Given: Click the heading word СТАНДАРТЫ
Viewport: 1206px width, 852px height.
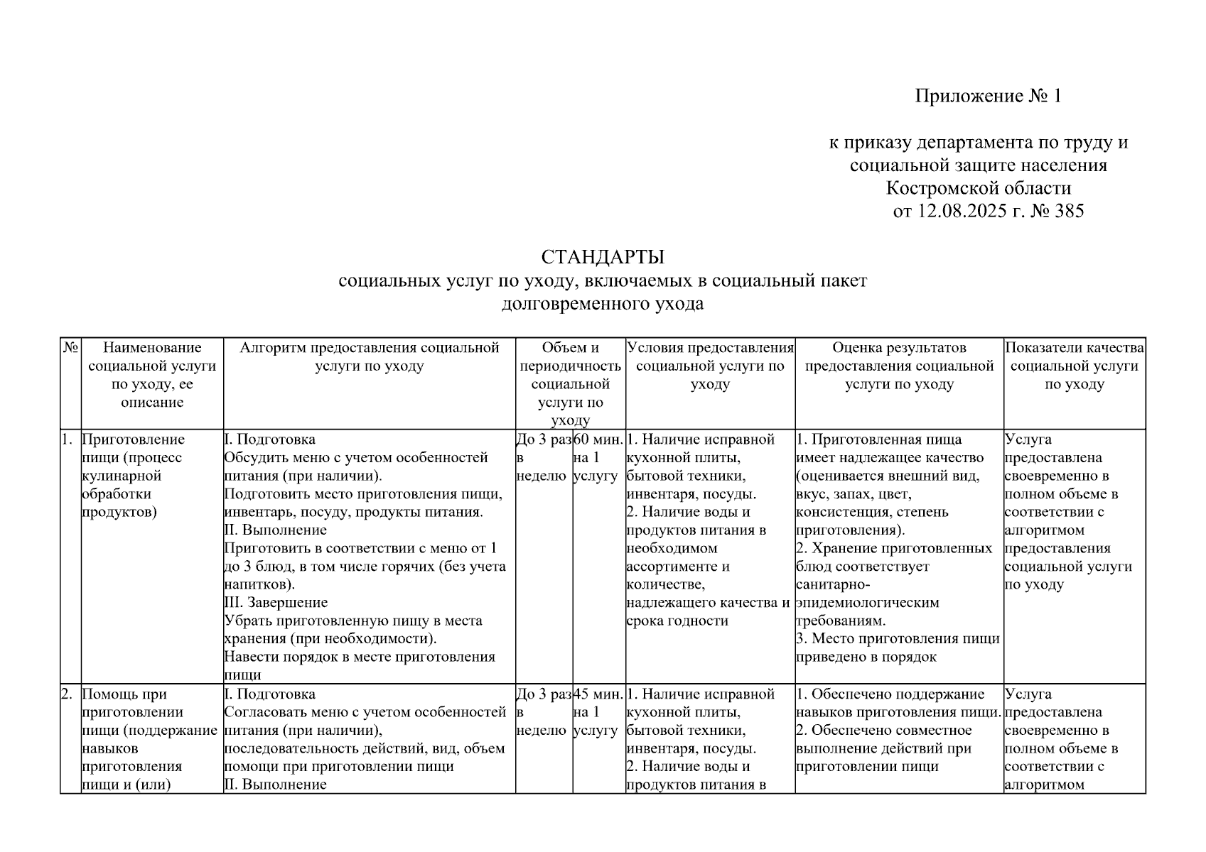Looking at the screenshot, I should pyautogui.click(x=603, y=256).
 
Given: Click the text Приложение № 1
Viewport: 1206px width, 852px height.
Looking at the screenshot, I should pyautogui.click(x=988, y=96).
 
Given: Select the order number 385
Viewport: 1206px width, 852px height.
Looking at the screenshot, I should pyautogui.click(x=1068, y=211).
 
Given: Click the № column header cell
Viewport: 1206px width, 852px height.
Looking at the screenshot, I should pyautogui.click(x=70, y=348).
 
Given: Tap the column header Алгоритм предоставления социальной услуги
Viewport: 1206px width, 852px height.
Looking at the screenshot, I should pyautogui.click(x=370, y=356).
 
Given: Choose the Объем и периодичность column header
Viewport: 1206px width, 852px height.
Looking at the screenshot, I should pyautogui.click(x=570, y=383).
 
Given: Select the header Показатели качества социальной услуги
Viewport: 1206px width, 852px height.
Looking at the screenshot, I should pyautogui.click(x=1074, y=366).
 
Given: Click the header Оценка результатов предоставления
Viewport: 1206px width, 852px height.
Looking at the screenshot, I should pyautogui.click(x=899, y=366).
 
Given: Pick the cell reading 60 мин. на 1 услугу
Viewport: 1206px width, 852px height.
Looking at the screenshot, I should pyautogui.click(x=598, y=457).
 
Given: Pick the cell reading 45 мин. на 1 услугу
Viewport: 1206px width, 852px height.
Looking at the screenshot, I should pyautogui.click(x=598, y=711).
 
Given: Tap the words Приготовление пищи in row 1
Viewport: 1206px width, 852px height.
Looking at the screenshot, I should pyautogui.click(x=133, y=448).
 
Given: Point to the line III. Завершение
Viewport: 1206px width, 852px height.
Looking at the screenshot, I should pyautogui.click(x=276, y=602).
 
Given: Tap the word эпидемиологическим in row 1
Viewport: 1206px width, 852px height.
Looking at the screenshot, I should pyautogui.click(x=868, y=602).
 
